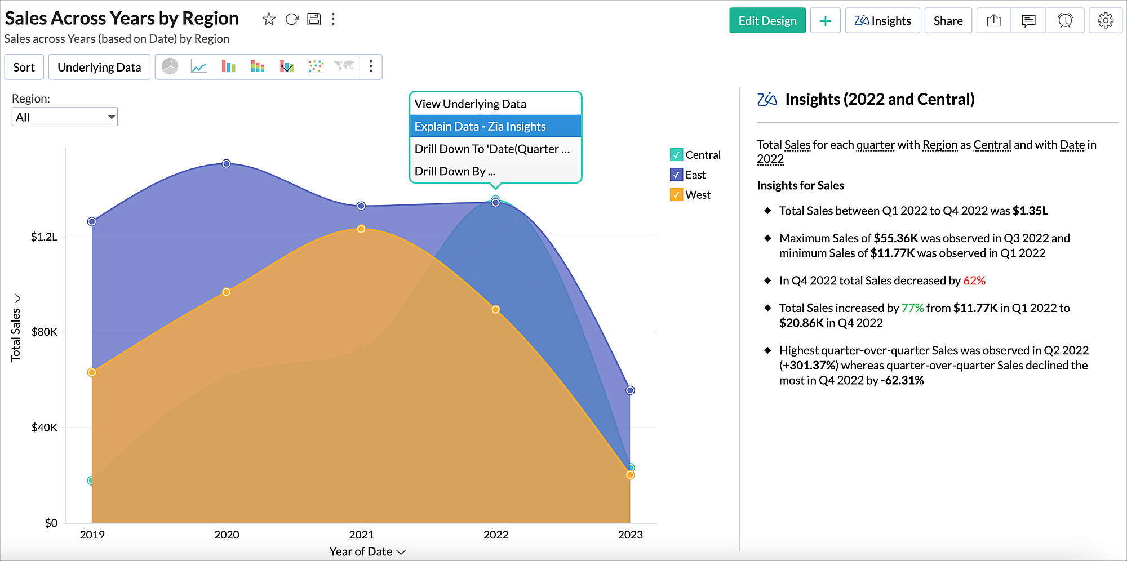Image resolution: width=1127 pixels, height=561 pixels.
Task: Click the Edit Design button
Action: (767, 21)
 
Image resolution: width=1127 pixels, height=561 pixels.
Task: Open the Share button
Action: (948, 21)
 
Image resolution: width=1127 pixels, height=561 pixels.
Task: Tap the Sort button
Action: (24, 68)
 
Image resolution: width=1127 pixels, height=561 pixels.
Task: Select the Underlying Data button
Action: (99, 68)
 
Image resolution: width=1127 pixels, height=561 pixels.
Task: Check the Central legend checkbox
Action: (676, 155)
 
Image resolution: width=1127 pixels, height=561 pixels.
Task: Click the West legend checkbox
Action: (676, 195)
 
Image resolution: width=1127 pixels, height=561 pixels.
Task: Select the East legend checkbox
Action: (676, 175)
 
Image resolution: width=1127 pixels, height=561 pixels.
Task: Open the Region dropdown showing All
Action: (65, 117)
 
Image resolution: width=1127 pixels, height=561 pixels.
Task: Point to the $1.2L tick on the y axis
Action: (44, 237)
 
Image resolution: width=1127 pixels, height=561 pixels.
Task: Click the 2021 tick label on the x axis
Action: (361, 535)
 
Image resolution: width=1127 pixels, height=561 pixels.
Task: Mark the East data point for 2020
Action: (227, 164)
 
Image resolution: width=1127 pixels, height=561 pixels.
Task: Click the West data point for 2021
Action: (361, 229)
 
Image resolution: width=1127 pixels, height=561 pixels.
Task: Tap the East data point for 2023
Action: (630, 390)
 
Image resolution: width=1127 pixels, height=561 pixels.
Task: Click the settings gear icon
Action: (1105, 21)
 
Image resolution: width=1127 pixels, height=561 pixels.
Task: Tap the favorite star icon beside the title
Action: (269, 19)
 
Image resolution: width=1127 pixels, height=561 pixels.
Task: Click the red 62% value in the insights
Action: (974, 280)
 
